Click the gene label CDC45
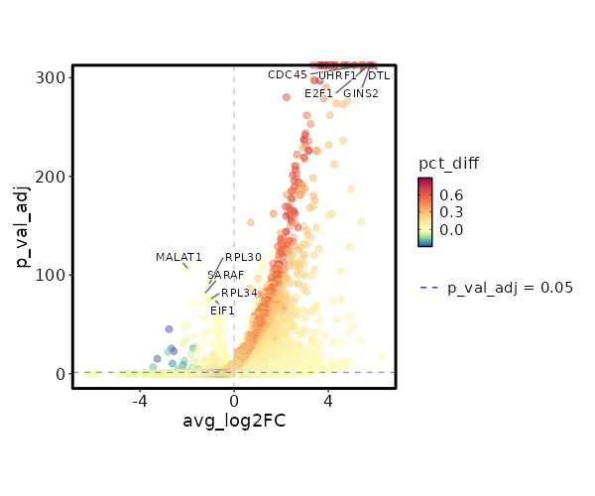pos(288,75)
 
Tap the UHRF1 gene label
pos(337,75)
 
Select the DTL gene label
pos(379,75)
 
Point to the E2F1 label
pos(319,94)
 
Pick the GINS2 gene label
pos(361,94)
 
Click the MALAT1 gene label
pos(178,258)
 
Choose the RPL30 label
pos(243,258)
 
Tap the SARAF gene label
pos(225,276)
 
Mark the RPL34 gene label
pos(239,294)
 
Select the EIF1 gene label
pos(222,311)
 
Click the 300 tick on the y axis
pos(54,77)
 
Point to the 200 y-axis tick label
pos(54,177)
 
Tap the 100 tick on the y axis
pos(54,275)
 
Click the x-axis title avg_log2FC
pos(234,422)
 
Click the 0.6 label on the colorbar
pos(452,195)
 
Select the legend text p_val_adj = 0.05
pos(511,288)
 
